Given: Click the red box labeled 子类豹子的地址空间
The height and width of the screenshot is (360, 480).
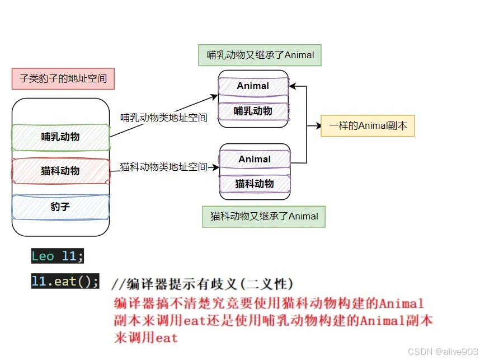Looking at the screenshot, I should coord(63,78).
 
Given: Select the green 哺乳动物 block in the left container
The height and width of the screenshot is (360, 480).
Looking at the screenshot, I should coord(60,137).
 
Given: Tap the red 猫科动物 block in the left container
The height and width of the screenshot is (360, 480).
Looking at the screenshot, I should coord(60,171).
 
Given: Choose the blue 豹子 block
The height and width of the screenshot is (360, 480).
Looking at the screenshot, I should coord(60,207).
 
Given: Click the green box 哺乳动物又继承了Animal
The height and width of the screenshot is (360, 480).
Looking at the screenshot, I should coord(260,55).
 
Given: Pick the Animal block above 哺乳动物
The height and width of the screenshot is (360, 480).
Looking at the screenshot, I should coord(253,86).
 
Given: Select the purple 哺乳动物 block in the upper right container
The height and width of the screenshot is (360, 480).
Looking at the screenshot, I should coord(253,111).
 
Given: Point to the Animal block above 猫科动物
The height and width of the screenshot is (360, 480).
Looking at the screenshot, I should coord(255,159).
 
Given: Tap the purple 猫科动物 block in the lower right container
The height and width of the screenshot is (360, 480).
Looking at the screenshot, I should coord(255,183).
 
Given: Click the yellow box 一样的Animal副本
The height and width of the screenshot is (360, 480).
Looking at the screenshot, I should coord(368,125).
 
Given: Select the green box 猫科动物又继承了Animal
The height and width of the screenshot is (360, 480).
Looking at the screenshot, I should coord(264,216).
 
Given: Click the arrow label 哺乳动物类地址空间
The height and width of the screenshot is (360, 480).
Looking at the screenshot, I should coord(164,118).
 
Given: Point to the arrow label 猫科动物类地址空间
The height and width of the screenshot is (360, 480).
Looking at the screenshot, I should coord(163,167).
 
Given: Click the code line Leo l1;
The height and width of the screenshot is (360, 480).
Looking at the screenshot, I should coord(58,256).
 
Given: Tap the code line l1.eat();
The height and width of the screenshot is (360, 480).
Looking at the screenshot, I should coord(65,281).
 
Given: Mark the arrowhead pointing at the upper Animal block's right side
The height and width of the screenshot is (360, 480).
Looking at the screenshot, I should coord(293,86).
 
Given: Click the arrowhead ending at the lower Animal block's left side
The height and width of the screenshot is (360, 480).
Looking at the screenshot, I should coord(216,167).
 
